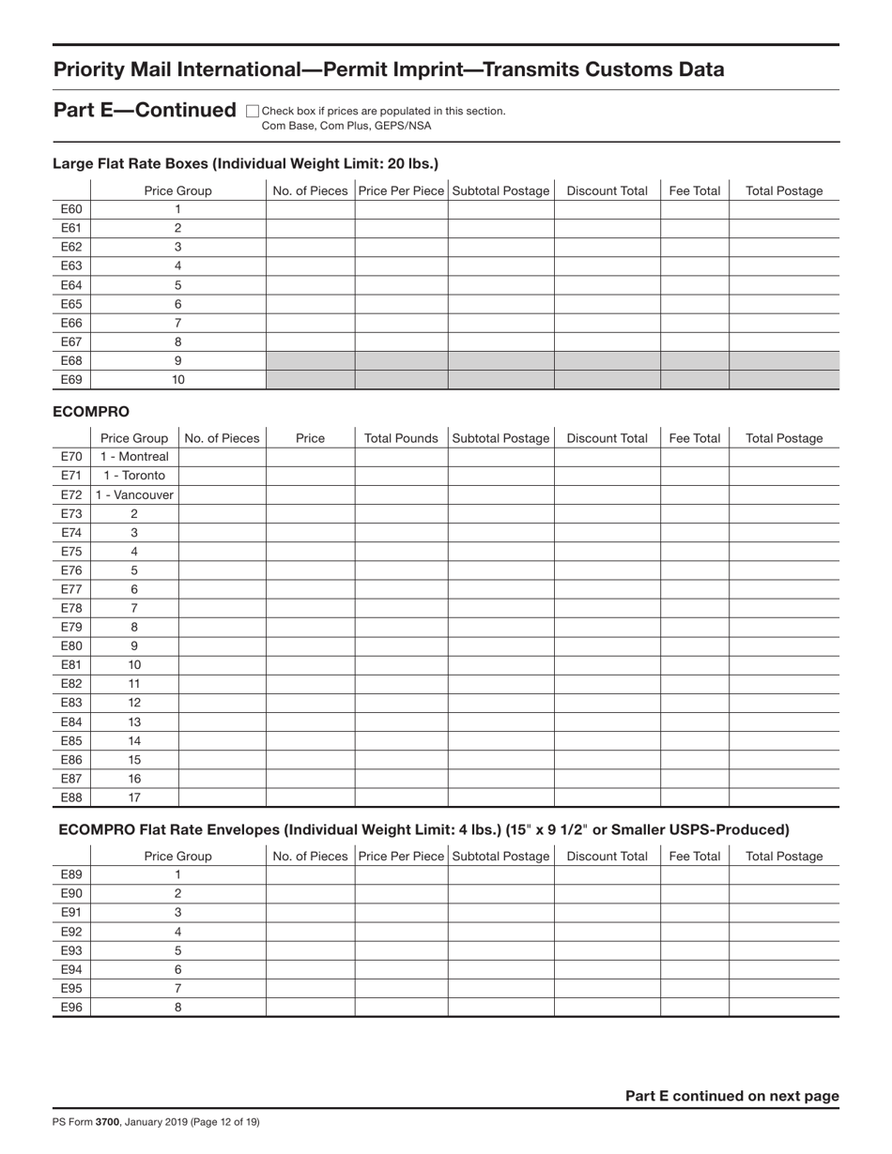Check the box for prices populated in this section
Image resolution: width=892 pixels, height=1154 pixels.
pyautogui.click(x=252, y=111)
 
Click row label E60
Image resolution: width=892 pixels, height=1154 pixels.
pyautogui.click(x=71, y=209)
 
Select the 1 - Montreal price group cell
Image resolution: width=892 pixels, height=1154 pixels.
pyautogui.click(x=134, y=457)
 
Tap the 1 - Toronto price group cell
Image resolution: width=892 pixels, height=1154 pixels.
pyautogui.click(x=134, y=476)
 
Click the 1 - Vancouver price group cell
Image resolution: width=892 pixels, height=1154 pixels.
pyautogui.click(x=134, y=494)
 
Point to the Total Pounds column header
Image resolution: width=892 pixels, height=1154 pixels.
pyautogui.click(x=401, y=438)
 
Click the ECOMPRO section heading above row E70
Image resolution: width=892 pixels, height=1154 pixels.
pyautogui.click(x=91, y=411)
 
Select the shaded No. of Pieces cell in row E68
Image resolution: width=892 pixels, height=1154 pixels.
pyautogui.click(x=310, y=360)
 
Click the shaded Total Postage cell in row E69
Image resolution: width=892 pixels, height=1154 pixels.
pyautogui.click(x=784, y=379)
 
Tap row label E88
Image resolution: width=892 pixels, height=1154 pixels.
pyautogui.click(x=71, y=797)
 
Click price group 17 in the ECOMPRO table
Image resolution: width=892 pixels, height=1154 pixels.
pyautogui.click(x=134, y=797)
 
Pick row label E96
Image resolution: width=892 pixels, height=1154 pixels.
pyautogui.click(x=71, y=1007)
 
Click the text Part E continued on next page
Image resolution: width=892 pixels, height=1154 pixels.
pyautogui.click(x=731, y=1096)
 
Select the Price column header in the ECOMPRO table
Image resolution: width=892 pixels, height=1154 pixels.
pyautogui.click(x=310, y=438)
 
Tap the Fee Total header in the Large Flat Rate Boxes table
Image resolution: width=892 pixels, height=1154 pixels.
pyautogui.click(x=694, y=190)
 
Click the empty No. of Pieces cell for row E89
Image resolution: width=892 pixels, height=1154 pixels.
pyautogui.click(x=310, y=874)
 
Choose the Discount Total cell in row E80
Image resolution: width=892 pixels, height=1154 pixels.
pyautogui.click(x=607, y=646)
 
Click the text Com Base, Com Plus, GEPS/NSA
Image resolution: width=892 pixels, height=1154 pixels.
pyautogui.click(x=346, y=125)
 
